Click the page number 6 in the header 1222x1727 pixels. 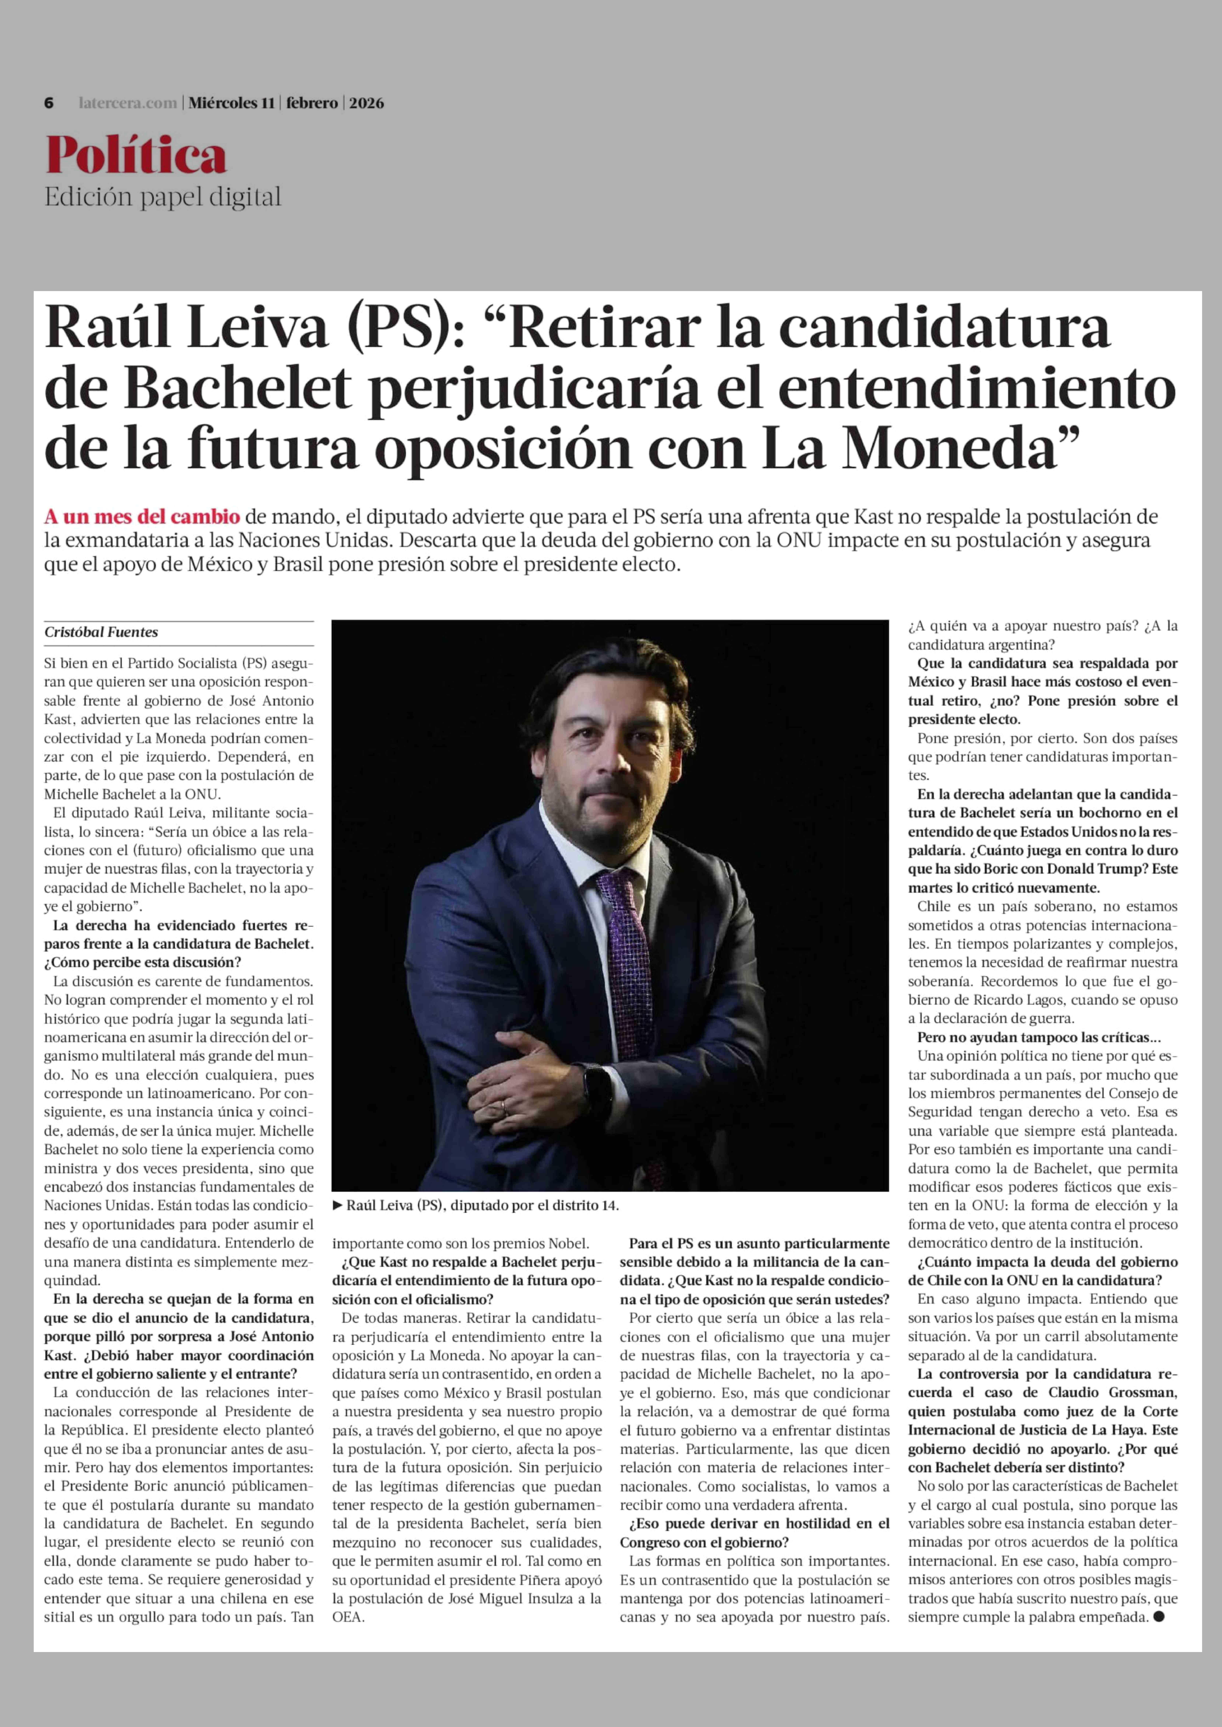tap(49, 103)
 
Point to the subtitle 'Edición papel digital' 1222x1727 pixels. tap(163, 197)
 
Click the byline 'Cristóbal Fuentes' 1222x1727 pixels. tap(101, 632)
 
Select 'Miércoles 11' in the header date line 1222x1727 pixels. tap(231, 103)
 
